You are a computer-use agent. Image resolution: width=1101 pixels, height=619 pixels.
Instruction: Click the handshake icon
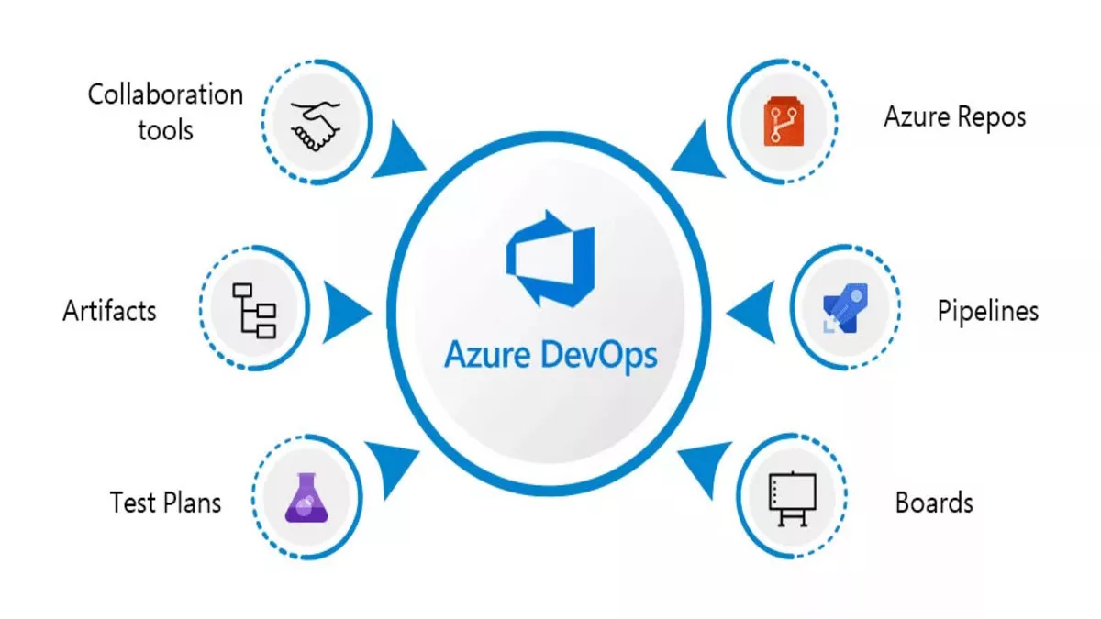pos(315,126)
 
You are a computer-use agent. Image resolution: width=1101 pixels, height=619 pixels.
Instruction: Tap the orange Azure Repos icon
pos(784,121)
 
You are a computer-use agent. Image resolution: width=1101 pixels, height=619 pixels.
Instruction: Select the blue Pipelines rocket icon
pos(845,308)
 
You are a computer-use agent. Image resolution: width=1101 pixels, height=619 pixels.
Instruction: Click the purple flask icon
pos(306,498)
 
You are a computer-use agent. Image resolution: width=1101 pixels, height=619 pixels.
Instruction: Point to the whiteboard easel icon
pos(793,499)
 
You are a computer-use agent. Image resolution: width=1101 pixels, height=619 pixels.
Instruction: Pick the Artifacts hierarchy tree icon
pos(254,311)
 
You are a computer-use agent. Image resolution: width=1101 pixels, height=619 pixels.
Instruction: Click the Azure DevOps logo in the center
pos(550,259)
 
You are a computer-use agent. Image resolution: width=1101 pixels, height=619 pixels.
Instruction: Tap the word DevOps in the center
pos(599,356)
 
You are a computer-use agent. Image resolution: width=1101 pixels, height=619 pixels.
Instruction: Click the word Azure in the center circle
pos(487,354)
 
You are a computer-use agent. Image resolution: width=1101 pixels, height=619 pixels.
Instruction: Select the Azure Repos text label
pos(955,118)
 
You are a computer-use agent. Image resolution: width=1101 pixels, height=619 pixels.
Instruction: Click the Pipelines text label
pos(988,311)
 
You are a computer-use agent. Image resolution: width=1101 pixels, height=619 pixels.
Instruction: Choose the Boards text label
pos(934,503)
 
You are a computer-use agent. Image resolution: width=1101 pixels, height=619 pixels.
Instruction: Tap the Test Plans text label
pos(166,503)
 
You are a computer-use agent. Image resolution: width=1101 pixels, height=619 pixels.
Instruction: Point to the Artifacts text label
pos(109,311)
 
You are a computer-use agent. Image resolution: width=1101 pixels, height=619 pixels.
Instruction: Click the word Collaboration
pos(165,94)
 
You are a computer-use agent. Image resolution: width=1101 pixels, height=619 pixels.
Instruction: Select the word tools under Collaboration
pos(165,130)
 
